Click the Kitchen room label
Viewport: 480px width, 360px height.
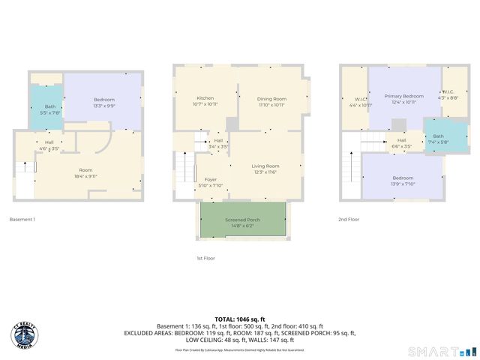pos(205,101)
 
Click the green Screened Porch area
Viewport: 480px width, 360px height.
pos(241,221)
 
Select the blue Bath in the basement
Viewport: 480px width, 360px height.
pos(49,109)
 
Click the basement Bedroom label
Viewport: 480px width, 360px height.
pos(104,102)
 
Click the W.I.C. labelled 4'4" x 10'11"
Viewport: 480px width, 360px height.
pos(360,102)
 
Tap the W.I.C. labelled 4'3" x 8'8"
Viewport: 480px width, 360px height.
pos(453,96)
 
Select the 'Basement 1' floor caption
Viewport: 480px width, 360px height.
pos(22,220)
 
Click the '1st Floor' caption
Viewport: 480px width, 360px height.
pos(205,258)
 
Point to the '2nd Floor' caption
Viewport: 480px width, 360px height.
pos(349,220)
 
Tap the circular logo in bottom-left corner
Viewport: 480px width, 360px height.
pos(25,336)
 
